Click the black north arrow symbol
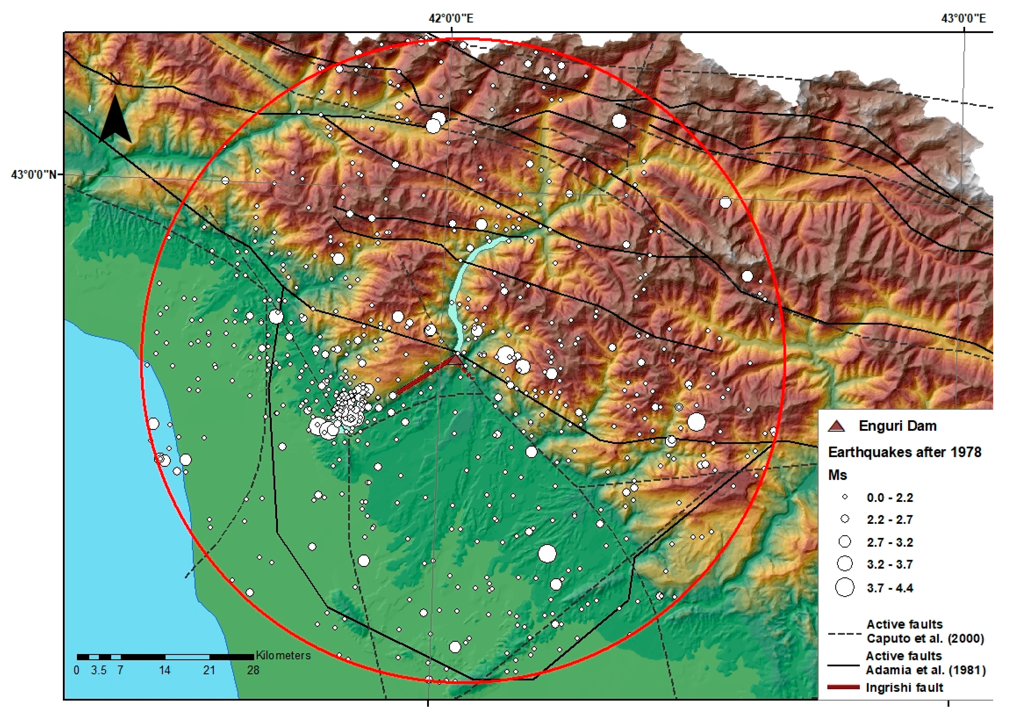point(116,119)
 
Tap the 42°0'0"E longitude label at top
point(451,18)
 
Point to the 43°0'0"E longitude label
point(963,18)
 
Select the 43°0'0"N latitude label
point(34,174)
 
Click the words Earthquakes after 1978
point(905,452)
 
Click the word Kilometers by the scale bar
point(283,655)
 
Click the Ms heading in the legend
point(838,475)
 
